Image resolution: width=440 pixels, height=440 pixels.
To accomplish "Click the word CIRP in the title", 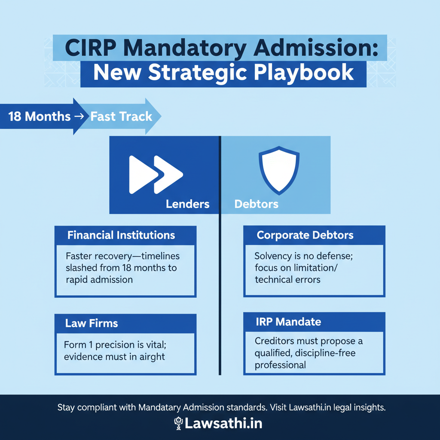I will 91,48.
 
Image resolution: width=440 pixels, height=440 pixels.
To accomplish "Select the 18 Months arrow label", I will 39,116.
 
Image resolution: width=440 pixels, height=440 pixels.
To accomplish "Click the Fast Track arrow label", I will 121,116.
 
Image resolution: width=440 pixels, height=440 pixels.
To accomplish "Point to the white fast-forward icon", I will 156,174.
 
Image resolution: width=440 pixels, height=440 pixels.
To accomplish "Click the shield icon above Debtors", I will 279,171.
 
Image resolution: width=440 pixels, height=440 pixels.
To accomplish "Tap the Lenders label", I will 188,204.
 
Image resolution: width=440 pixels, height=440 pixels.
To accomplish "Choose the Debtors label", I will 257,204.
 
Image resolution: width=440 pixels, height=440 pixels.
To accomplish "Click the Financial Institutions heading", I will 121,235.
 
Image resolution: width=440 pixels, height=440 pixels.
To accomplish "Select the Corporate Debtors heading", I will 305,235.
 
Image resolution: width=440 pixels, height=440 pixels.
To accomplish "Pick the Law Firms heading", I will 92,323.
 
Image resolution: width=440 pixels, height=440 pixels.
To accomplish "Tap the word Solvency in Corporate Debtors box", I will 272,256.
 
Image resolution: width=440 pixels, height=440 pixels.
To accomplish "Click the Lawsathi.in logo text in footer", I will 224,423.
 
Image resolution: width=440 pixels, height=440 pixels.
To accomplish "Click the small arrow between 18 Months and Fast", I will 80,116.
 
